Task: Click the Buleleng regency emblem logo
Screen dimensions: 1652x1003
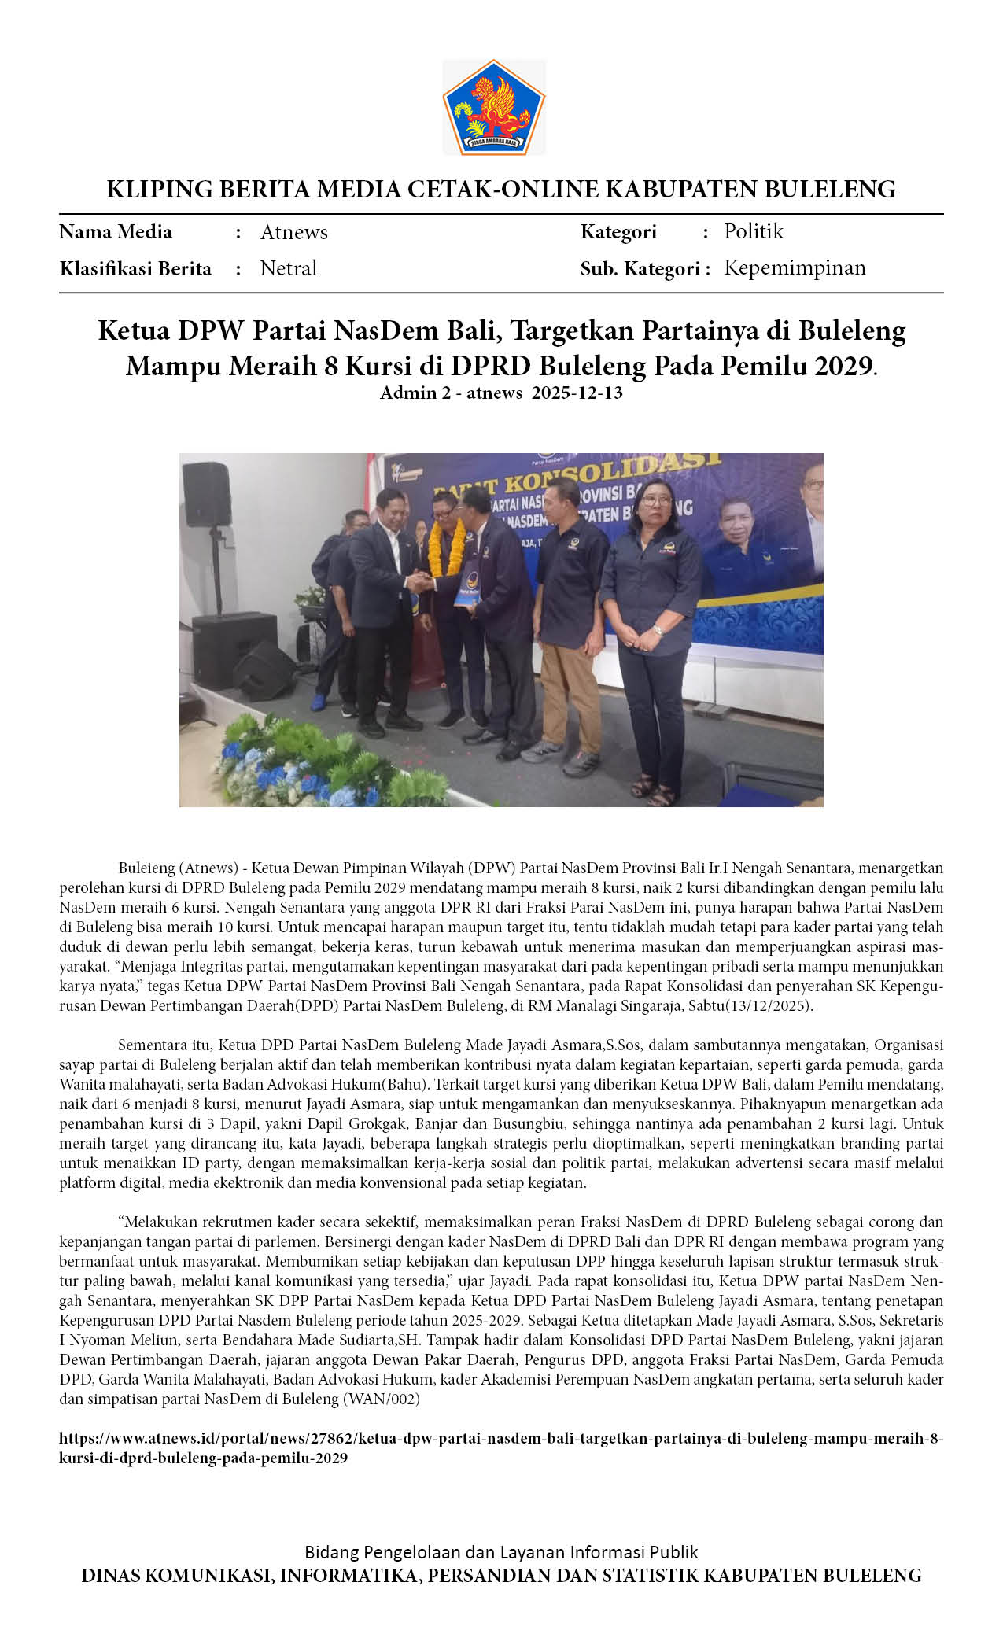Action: pos(494,107)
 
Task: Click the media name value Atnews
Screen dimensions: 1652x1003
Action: pos(293,232)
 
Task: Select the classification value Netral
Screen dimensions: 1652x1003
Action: pos(288,268)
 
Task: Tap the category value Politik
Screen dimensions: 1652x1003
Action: pos(754,231)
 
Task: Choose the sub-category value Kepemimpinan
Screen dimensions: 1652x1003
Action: pos(795,267)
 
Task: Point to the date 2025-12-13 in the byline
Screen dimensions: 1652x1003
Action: pos(577,393)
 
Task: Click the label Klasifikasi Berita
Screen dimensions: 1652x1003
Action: pos(135,269)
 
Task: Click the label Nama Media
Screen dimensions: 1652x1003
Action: pos(116,232)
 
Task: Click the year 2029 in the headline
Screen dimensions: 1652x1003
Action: pos(843,366)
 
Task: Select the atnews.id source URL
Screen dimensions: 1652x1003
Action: pos(501,1447)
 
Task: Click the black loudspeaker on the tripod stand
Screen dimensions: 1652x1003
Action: pos(206,494)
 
